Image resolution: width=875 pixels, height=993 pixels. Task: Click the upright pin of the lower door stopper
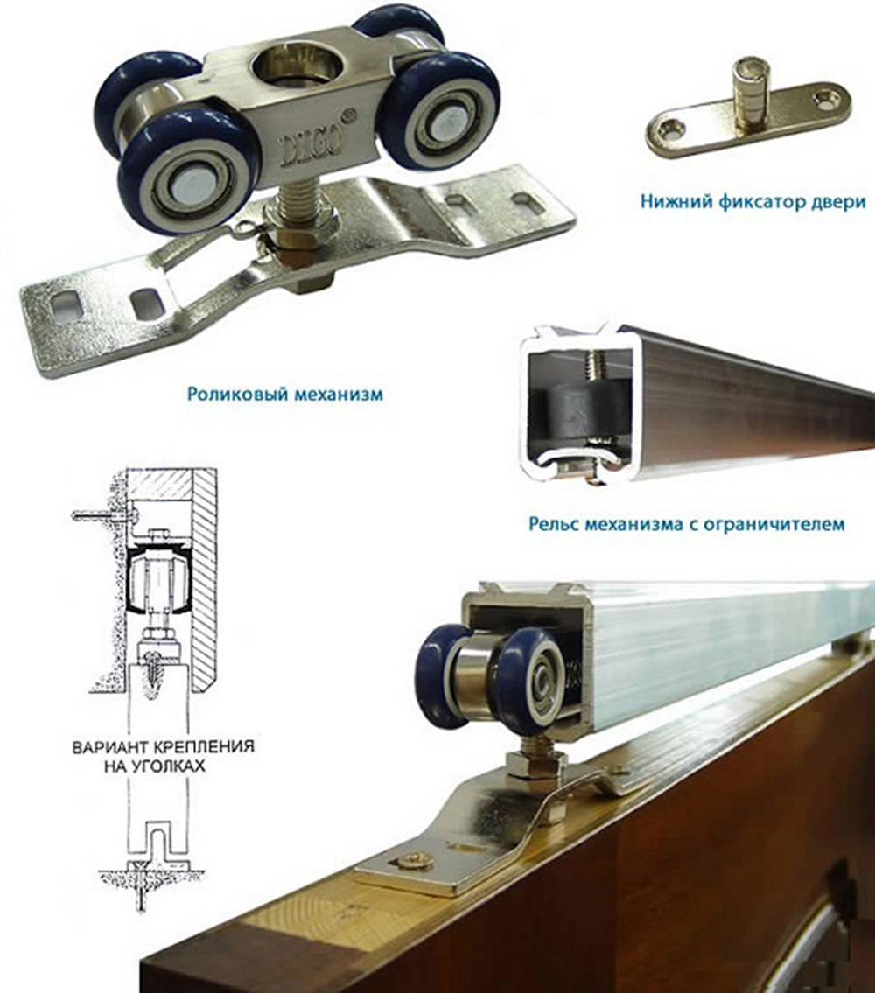(750, 91)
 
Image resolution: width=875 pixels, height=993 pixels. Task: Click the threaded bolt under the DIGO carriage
(295, 200)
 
